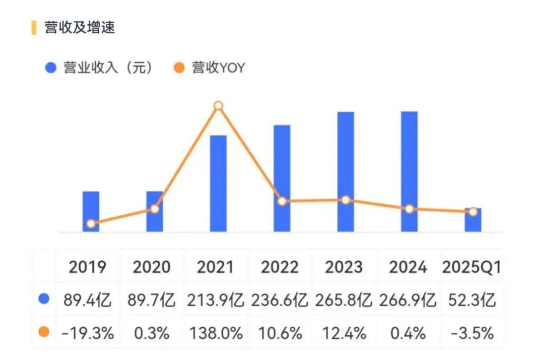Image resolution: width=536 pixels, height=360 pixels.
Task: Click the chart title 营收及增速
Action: point(79,27)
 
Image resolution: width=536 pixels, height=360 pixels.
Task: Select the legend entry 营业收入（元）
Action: point(99,68)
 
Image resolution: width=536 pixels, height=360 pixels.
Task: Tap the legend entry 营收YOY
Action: point(211,68)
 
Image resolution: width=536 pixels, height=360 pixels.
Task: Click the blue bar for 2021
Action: point(218,184)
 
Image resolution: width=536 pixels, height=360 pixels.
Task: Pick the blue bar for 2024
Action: point(409,171)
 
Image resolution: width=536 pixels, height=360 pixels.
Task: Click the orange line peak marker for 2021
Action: point(218,106)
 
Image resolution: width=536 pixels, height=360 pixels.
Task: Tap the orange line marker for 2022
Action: point(282,202)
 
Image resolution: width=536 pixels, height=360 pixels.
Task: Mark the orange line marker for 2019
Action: point(91,224)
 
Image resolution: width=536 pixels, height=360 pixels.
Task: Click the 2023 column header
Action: point(344,267)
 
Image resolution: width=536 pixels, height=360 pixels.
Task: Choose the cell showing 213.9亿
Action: point(215,300)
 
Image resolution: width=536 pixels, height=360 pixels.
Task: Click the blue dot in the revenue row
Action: point(44,299)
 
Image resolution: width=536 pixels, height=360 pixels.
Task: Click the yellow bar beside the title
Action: point(34,27)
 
